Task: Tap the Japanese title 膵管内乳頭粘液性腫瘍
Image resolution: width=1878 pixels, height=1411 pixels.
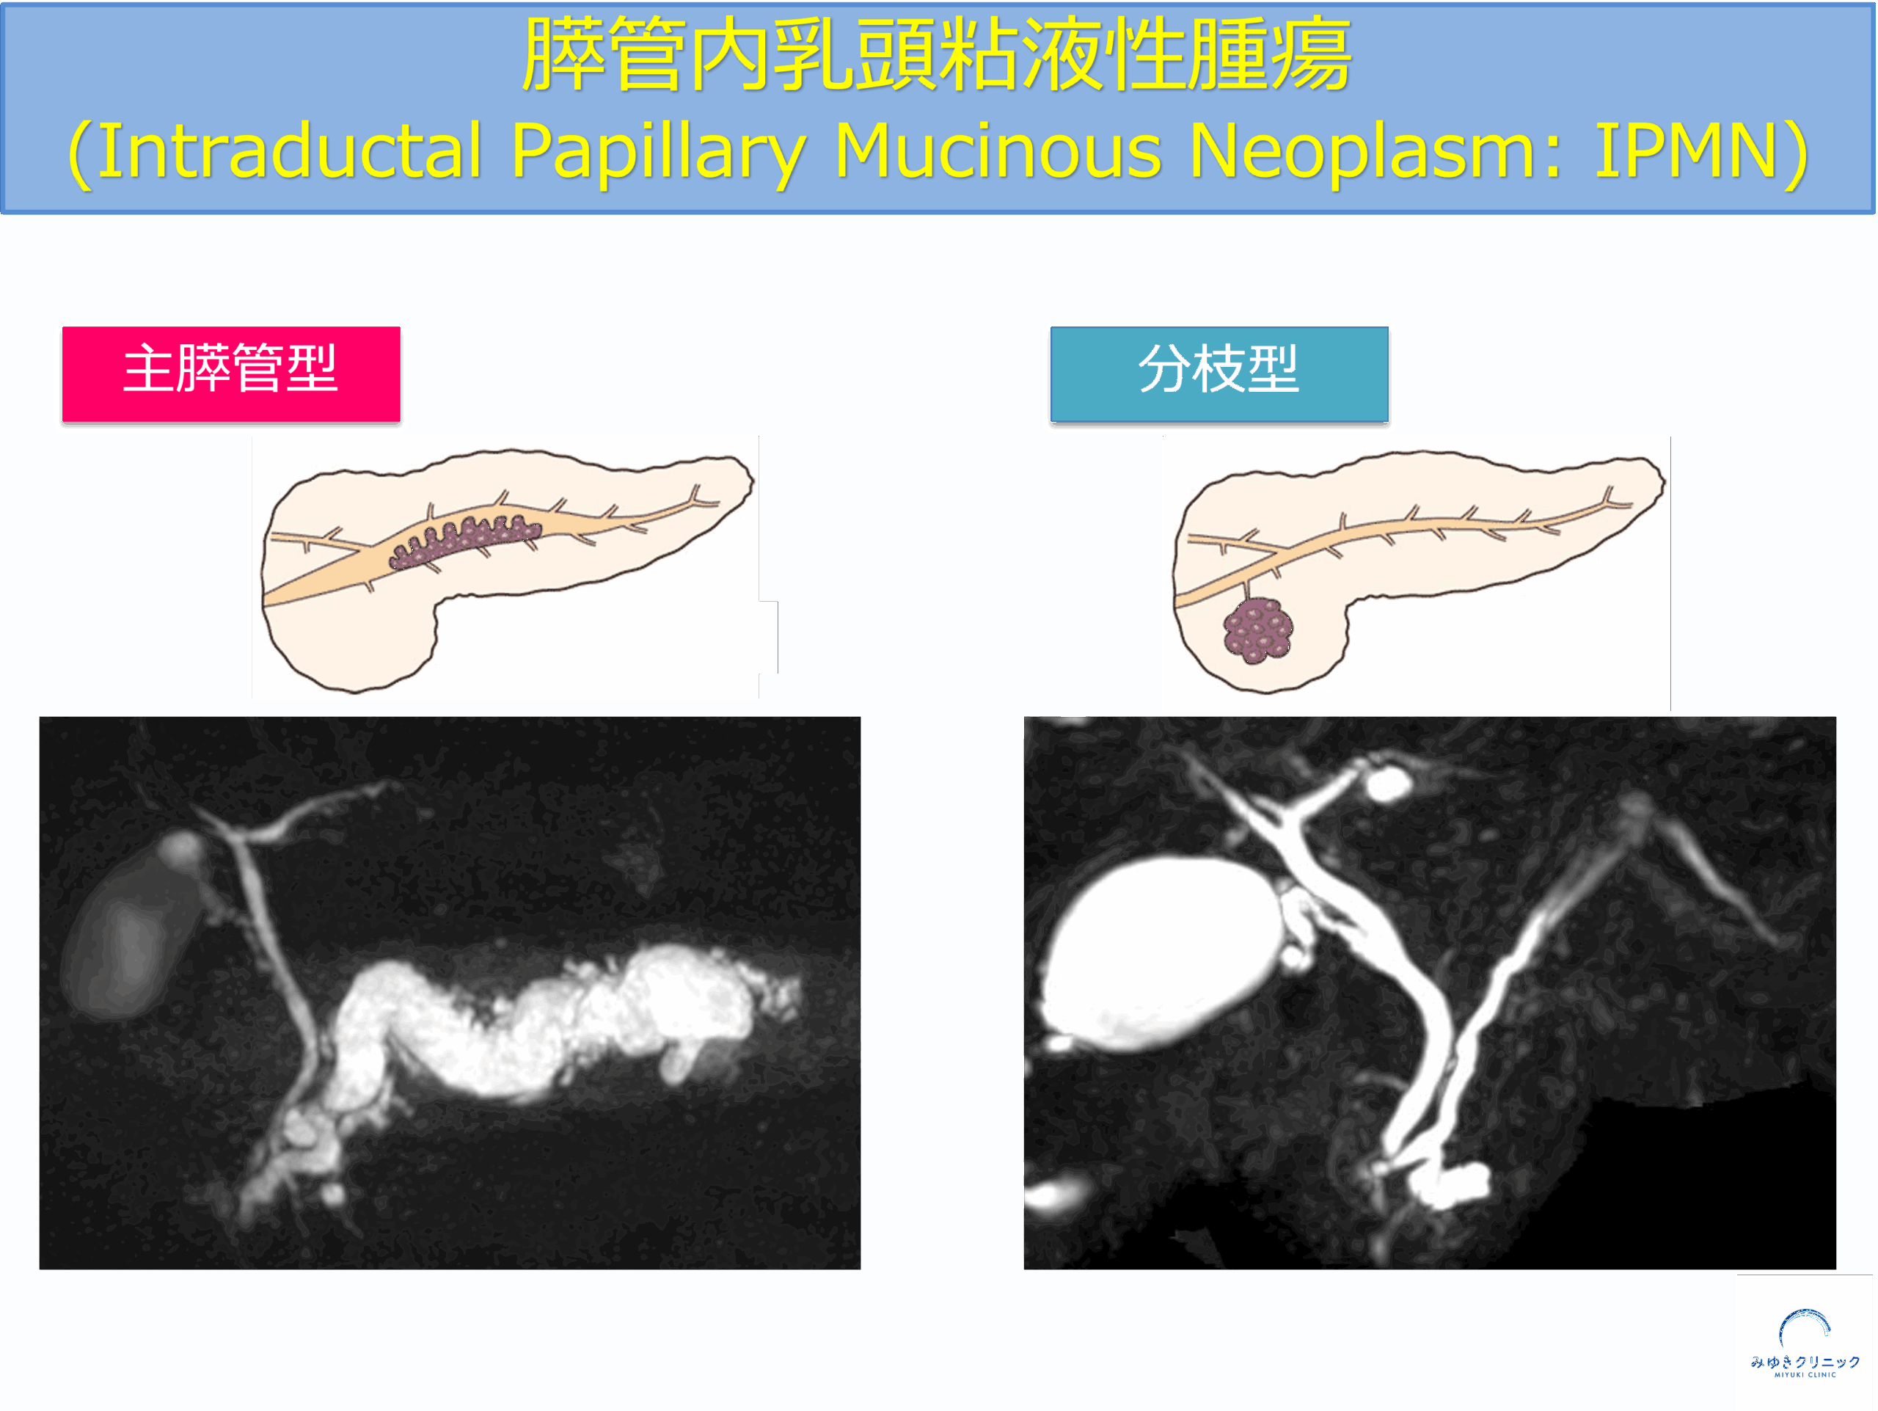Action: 937,54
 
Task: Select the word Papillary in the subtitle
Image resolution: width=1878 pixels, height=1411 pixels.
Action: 658,151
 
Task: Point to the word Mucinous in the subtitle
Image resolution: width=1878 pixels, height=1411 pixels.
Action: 998,151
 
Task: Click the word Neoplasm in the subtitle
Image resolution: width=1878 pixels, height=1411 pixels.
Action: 1375,151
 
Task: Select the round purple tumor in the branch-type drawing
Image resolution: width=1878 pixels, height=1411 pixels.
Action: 1257,630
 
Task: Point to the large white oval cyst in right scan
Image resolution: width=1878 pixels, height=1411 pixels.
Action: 1160,952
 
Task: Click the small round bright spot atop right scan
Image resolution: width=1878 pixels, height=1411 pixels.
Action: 1387,784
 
